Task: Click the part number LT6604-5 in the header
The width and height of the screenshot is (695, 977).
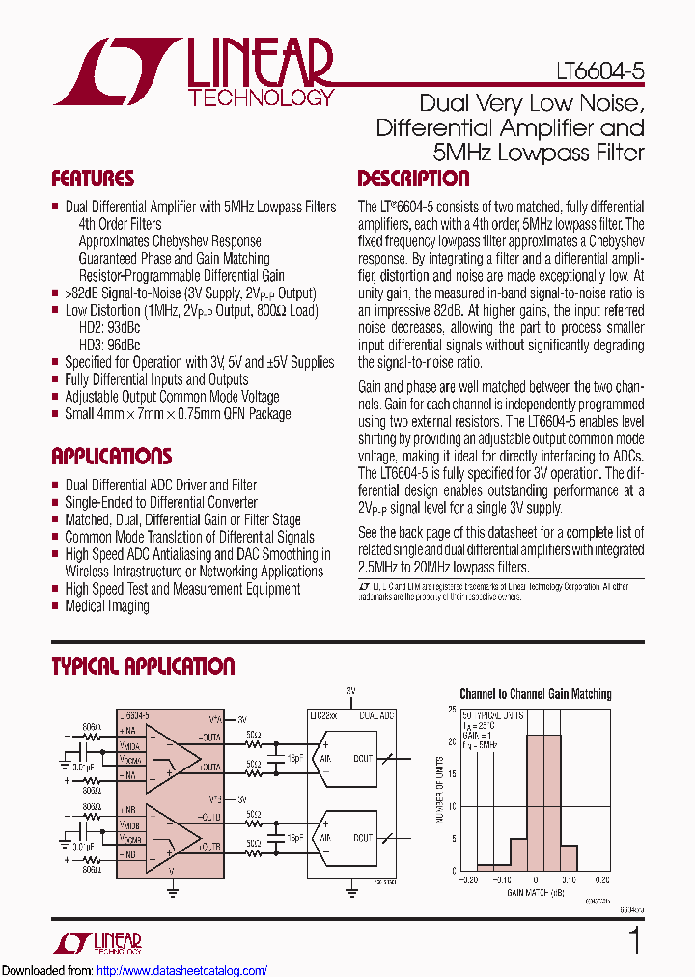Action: [x=600, y=72]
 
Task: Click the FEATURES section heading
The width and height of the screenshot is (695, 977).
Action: [x=93, y=179]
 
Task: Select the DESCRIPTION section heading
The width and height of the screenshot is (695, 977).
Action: [x=413, y=179]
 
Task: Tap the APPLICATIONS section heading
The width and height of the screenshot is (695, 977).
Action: [x=111, y=457]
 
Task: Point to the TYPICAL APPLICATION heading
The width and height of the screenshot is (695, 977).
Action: [x=143, y=667]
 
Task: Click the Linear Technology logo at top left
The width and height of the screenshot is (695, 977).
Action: [x=193, y=72]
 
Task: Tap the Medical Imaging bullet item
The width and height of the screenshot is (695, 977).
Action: [x=106, y=606]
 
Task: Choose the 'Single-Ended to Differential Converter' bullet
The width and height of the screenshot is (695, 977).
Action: [x=160, y=502]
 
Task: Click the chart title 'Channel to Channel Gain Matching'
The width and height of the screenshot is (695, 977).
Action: [x=535, y=694]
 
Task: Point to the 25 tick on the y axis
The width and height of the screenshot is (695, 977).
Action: [x=453, y=710]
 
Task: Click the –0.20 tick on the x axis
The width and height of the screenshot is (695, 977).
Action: [x=468, y=879]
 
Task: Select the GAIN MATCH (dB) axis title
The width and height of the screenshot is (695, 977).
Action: [x=536, y=893]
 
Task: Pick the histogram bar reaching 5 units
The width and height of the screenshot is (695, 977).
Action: [x=518, y=853]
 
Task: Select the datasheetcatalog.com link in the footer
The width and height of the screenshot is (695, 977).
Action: [x=182, y=970]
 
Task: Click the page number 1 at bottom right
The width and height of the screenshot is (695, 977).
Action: [x=635, y=940]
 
